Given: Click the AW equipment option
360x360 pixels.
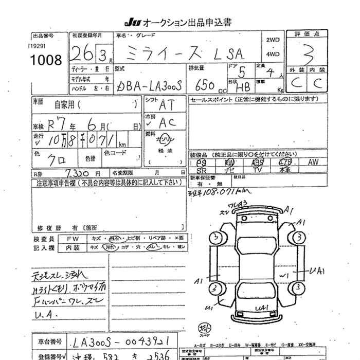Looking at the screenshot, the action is point(314,162).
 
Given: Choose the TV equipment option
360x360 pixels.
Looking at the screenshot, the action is point(258,169).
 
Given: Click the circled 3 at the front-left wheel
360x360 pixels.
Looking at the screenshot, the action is point(215,237).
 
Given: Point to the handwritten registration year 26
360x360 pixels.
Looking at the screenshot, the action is point(79,53).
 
